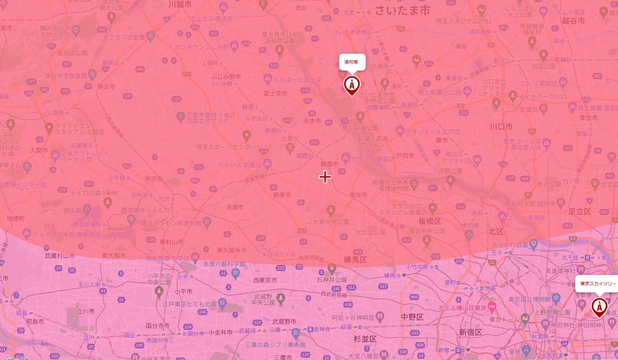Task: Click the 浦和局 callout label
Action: [352, 62]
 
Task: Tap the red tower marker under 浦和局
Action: [352, 85]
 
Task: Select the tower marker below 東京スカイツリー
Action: [599, 307]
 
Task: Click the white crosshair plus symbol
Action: [325, 177]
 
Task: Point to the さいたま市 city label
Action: [402, 10]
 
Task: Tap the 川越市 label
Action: [180, 4]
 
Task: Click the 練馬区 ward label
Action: [355, 260]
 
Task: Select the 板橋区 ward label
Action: [430, 221]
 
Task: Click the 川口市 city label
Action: [501, 127]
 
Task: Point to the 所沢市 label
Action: [154, 179]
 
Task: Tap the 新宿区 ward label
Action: [470, 332]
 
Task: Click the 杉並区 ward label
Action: [365, 339]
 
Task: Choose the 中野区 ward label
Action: [412, 317]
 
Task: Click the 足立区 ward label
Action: [579, 212]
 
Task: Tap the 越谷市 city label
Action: [573, 21]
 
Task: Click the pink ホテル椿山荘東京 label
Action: [462, 308]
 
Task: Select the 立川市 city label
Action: [86, 311]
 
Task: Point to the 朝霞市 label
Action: [329, 164]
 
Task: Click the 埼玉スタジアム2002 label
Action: [463, 21]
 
